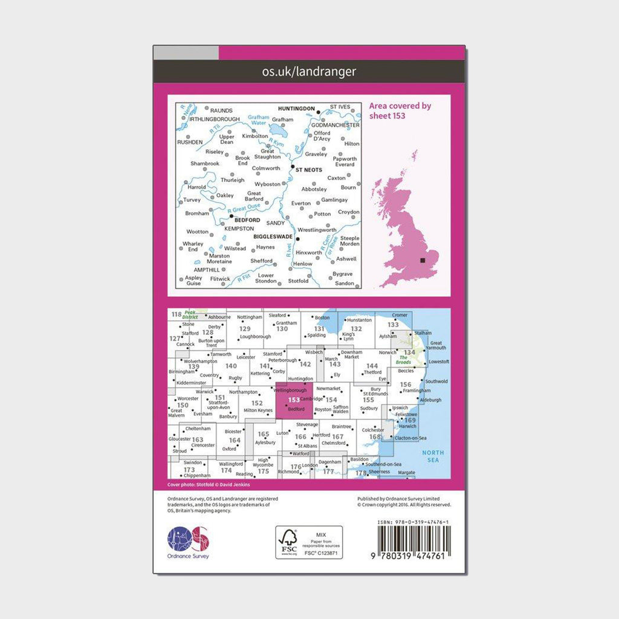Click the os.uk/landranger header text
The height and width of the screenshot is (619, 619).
[309, 72]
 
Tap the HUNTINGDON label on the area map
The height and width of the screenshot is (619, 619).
[296, 109]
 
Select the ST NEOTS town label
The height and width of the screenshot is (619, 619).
[309, 170]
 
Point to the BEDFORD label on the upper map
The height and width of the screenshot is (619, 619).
[247, 220]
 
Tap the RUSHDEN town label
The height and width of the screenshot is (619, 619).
[190, 142]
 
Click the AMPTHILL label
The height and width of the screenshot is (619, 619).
[207, 270]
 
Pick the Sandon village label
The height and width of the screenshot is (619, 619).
[344, 283]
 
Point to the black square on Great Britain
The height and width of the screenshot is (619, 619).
[423, 261]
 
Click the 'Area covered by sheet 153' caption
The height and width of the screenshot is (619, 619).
[400, 111]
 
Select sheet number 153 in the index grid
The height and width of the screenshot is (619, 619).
[294, 400]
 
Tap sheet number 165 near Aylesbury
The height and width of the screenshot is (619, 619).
[263, 434]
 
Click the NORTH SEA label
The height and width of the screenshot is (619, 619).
[432, 456]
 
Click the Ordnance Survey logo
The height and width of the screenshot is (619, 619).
[188, 540]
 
